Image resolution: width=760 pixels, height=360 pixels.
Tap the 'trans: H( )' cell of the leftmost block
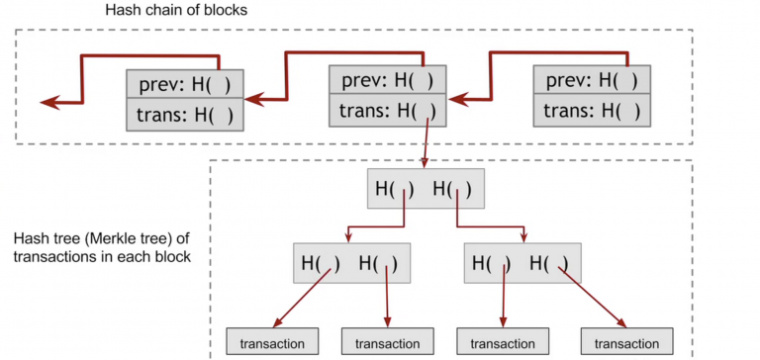pyautogui.click(x=185, y=115)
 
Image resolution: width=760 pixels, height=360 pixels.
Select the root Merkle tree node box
pyautogui.click(x=426, y=187)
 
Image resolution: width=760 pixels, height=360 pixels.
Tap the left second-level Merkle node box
pyautogui.click(x=351, y=264)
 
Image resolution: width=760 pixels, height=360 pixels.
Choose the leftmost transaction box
pyautogui.click(x=273, y=341)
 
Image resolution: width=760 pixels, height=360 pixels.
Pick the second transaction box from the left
pyautogui.click(x=388, y=341)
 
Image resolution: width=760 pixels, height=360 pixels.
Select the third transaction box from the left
pyautogui.click(x=502, y=341)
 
